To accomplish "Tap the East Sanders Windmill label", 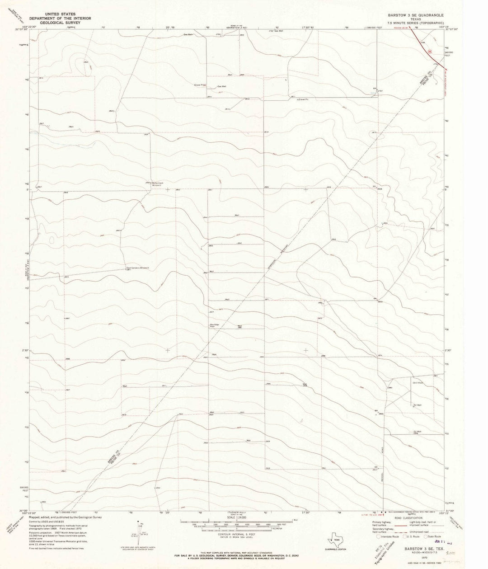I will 141,267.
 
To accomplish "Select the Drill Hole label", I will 417,382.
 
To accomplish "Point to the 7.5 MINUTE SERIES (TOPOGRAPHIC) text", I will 413,23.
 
